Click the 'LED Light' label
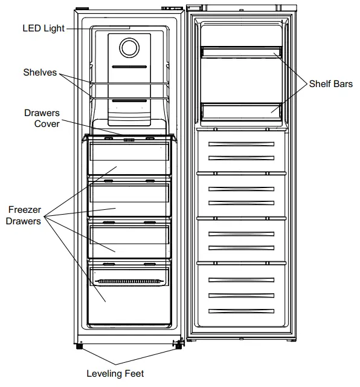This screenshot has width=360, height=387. [x=43, y=28]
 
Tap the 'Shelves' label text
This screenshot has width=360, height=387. [x=40, y=73]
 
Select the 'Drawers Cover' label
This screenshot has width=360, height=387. [x=42, y=118]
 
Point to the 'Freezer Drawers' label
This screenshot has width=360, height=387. [x=24, y=215]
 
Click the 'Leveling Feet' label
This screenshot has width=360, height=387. [x=115, y=373]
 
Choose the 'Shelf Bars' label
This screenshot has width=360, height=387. [x=330, y=84]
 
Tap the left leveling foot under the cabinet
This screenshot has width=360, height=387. [x=79, y=347]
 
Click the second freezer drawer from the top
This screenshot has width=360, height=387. [x=128, y=200]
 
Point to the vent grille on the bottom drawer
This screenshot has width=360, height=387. [x=128, y=282]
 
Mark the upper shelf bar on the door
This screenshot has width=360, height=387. [x=241, y=52]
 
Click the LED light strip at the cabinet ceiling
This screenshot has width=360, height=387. [x=129, y=27]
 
